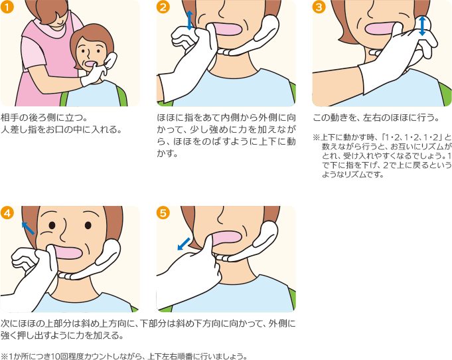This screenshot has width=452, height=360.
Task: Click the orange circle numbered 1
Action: pos(7,7)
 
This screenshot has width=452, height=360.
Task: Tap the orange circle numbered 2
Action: pos(163,7)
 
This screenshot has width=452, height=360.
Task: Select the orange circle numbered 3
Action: pos(319,7)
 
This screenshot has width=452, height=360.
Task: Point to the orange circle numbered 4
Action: pos(7,213)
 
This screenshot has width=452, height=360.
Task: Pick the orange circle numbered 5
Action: pos(163,213)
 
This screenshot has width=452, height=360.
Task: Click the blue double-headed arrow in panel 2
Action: pos(189,20)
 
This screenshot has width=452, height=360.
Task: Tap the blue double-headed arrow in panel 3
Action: pos(422,26)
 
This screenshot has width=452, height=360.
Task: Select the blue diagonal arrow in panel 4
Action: pos(28,228)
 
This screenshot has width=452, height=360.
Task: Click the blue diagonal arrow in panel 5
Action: pos(184,244)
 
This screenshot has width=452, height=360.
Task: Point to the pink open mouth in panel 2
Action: pos(228,29)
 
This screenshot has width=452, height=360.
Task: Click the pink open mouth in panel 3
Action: pos(380,29)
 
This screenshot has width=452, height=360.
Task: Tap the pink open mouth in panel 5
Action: pos(226,237)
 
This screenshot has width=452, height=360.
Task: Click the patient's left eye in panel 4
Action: pos(88,225)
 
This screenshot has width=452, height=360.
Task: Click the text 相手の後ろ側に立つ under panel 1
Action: pos(41,118)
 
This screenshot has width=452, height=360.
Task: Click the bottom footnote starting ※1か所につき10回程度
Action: pos(124,356)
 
